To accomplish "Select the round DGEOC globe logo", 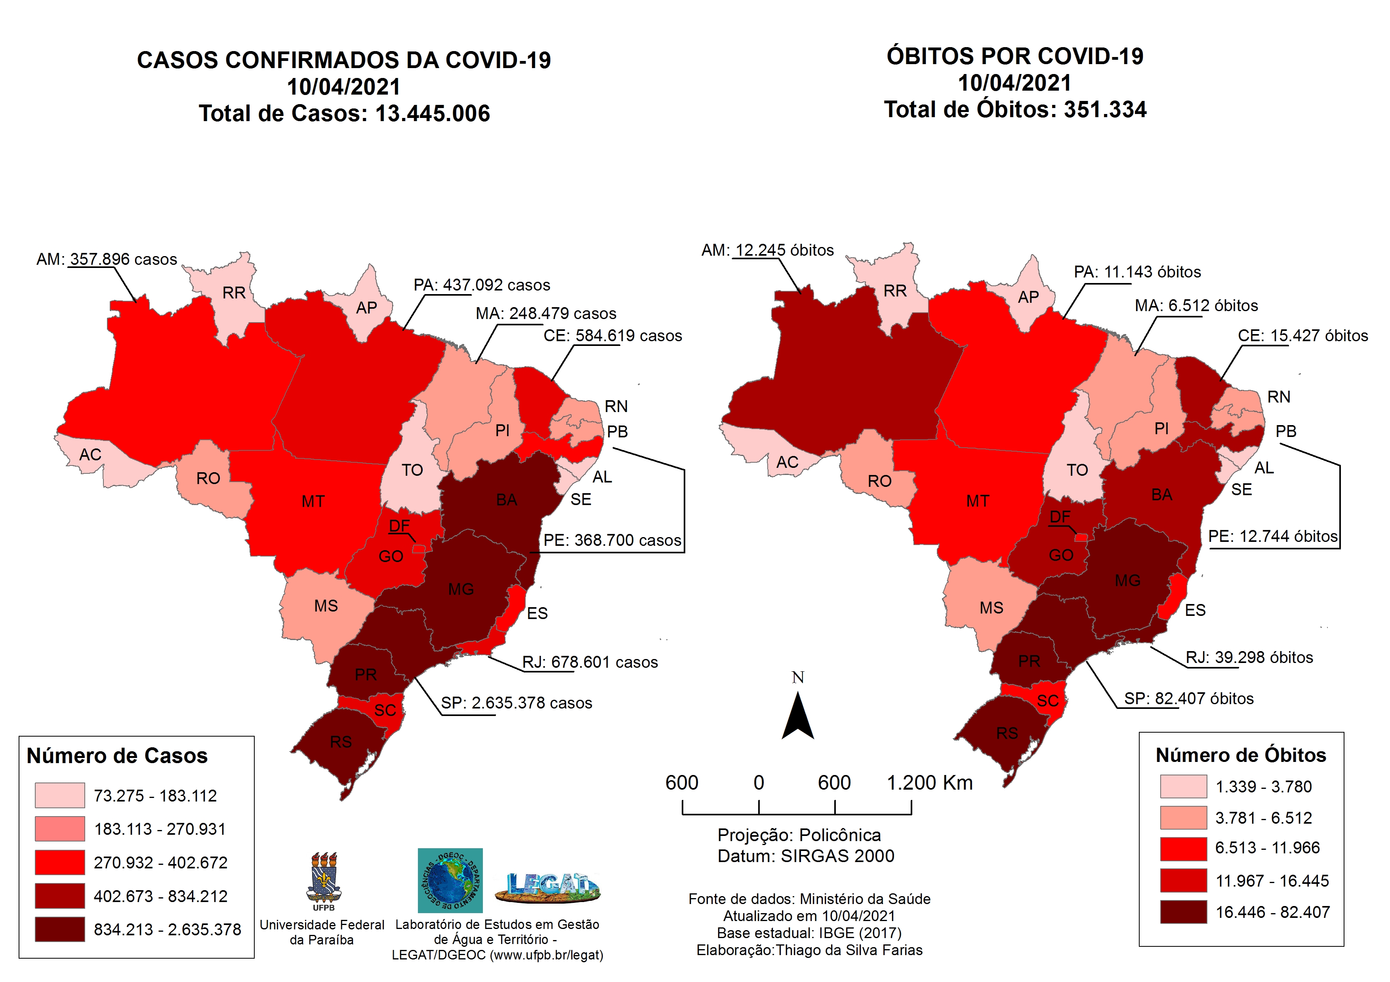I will (x=450, y=880).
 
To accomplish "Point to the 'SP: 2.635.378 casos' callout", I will (x=516, y=703).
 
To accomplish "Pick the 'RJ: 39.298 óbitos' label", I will (x=1249, y=658).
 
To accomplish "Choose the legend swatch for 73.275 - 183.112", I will (x=59, y=795).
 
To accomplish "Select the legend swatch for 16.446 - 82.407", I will (x=1183, y=912).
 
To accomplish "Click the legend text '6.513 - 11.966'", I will (x=1267, y=848).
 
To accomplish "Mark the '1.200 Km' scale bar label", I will (x=929, y=783).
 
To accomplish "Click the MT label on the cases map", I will (x=313, y=501).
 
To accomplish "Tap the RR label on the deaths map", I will (x=895, y=291).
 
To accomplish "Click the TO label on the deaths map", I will (x=1077, y=470).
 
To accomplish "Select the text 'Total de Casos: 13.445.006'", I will (x=344, y=114).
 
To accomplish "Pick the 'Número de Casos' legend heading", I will (x=117, y=756).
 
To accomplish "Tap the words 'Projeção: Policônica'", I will (x=799, y=835).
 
